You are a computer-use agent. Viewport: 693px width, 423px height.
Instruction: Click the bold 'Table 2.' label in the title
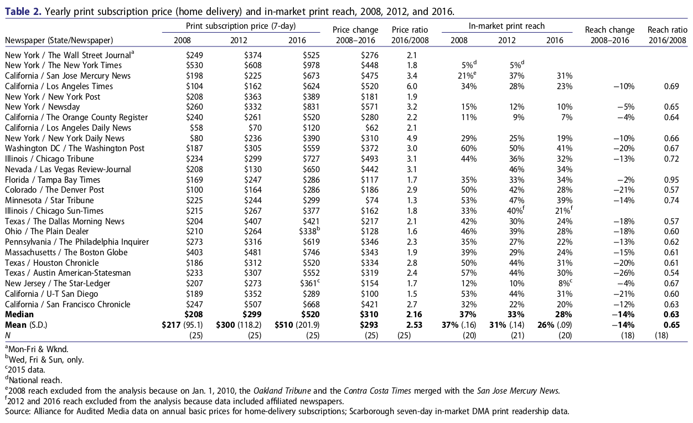tap(22, 11)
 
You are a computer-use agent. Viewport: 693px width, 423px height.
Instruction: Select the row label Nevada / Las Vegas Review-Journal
tap(68, 169)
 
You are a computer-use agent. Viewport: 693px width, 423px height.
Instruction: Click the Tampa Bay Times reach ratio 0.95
tap(671, 180)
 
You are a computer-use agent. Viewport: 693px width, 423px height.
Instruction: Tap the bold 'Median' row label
tap(19, 314)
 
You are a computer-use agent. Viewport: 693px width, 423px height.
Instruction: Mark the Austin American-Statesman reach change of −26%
tap(623, 273)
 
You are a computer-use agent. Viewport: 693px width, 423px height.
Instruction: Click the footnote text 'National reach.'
tap(35, 380)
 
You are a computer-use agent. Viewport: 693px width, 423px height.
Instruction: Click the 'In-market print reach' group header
tap(506, 26)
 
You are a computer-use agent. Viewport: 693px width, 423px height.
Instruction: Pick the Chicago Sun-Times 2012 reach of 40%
tap(512, 211)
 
